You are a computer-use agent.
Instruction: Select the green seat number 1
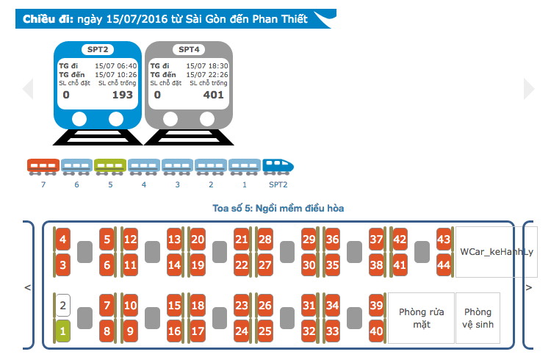[63, 331]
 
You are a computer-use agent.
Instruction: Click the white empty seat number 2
[63, 305]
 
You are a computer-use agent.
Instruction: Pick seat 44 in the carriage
[444, 264]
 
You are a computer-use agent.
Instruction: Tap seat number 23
[242, 305]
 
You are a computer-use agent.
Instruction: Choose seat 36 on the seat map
[332, 240]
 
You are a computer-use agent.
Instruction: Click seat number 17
[198, 331]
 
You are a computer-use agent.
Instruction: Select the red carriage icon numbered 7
[43, 167]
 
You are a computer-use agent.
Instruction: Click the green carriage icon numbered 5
[110, 167]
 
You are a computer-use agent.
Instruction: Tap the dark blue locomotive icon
[278, 167]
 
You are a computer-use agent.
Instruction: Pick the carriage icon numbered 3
[178, 167]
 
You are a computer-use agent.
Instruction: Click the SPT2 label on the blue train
[98, 49]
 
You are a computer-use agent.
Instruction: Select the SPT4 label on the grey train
[189, 49]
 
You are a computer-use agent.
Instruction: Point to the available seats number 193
[122, 95]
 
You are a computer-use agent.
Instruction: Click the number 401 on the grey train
[213, 95]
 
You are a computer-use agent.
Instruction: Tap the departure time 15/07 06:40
[116, 65]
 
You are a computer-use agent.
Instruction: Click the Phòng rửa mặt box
[422, 318]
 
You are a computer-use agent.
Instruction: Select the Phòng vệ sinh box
[478, 318]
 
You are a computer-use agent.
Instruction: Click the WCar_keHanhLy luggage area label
[497, 252]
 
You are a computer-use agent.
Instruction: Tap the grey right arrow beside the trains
[529, 89]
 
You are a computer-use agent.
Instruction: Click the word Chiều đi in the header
[48, 19]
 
